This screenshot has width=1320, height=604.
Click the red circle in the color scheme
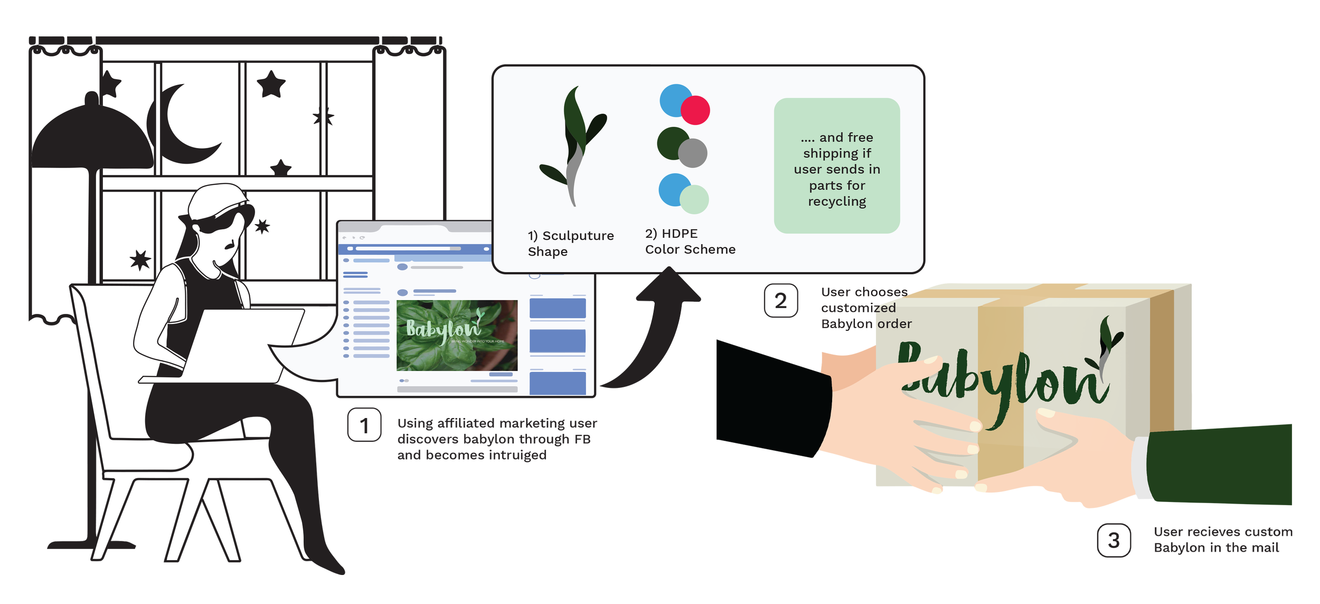click(x=695, y=110)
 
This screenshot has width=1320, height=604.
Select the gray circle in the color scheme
click(x=693, y=153)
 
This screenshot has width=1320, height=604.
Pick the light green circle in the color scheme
click(x=694, y=199)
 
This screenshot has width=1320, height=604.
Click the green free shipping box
click(x=837, y=165)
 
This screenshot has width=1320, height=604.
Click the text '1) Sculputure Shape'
click(x=570, y=243)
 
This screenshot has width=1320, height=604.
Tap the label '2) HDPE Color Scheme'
click(x=690, y=241)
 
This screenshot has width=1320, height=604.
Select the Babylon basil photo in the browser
click(x=457, y=335)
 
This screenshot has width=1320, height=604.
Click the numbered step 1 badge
click(x=364, y=424)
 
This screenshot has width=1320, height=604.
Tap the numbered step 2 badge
click(x=781, y=301)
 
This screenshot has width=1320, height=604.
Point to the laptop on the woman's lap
click(x=232, y=343)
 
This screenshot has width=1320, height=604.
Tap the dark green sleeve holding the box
click(x=1220, y=465)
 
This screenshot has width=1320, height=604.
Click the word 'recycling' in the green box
click(x=837, y=201)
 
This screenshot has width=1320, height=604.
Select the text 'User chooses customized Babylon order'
click(x=866, y=308)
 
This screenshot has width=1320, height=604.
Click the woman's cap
click(x=216, y=198)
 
